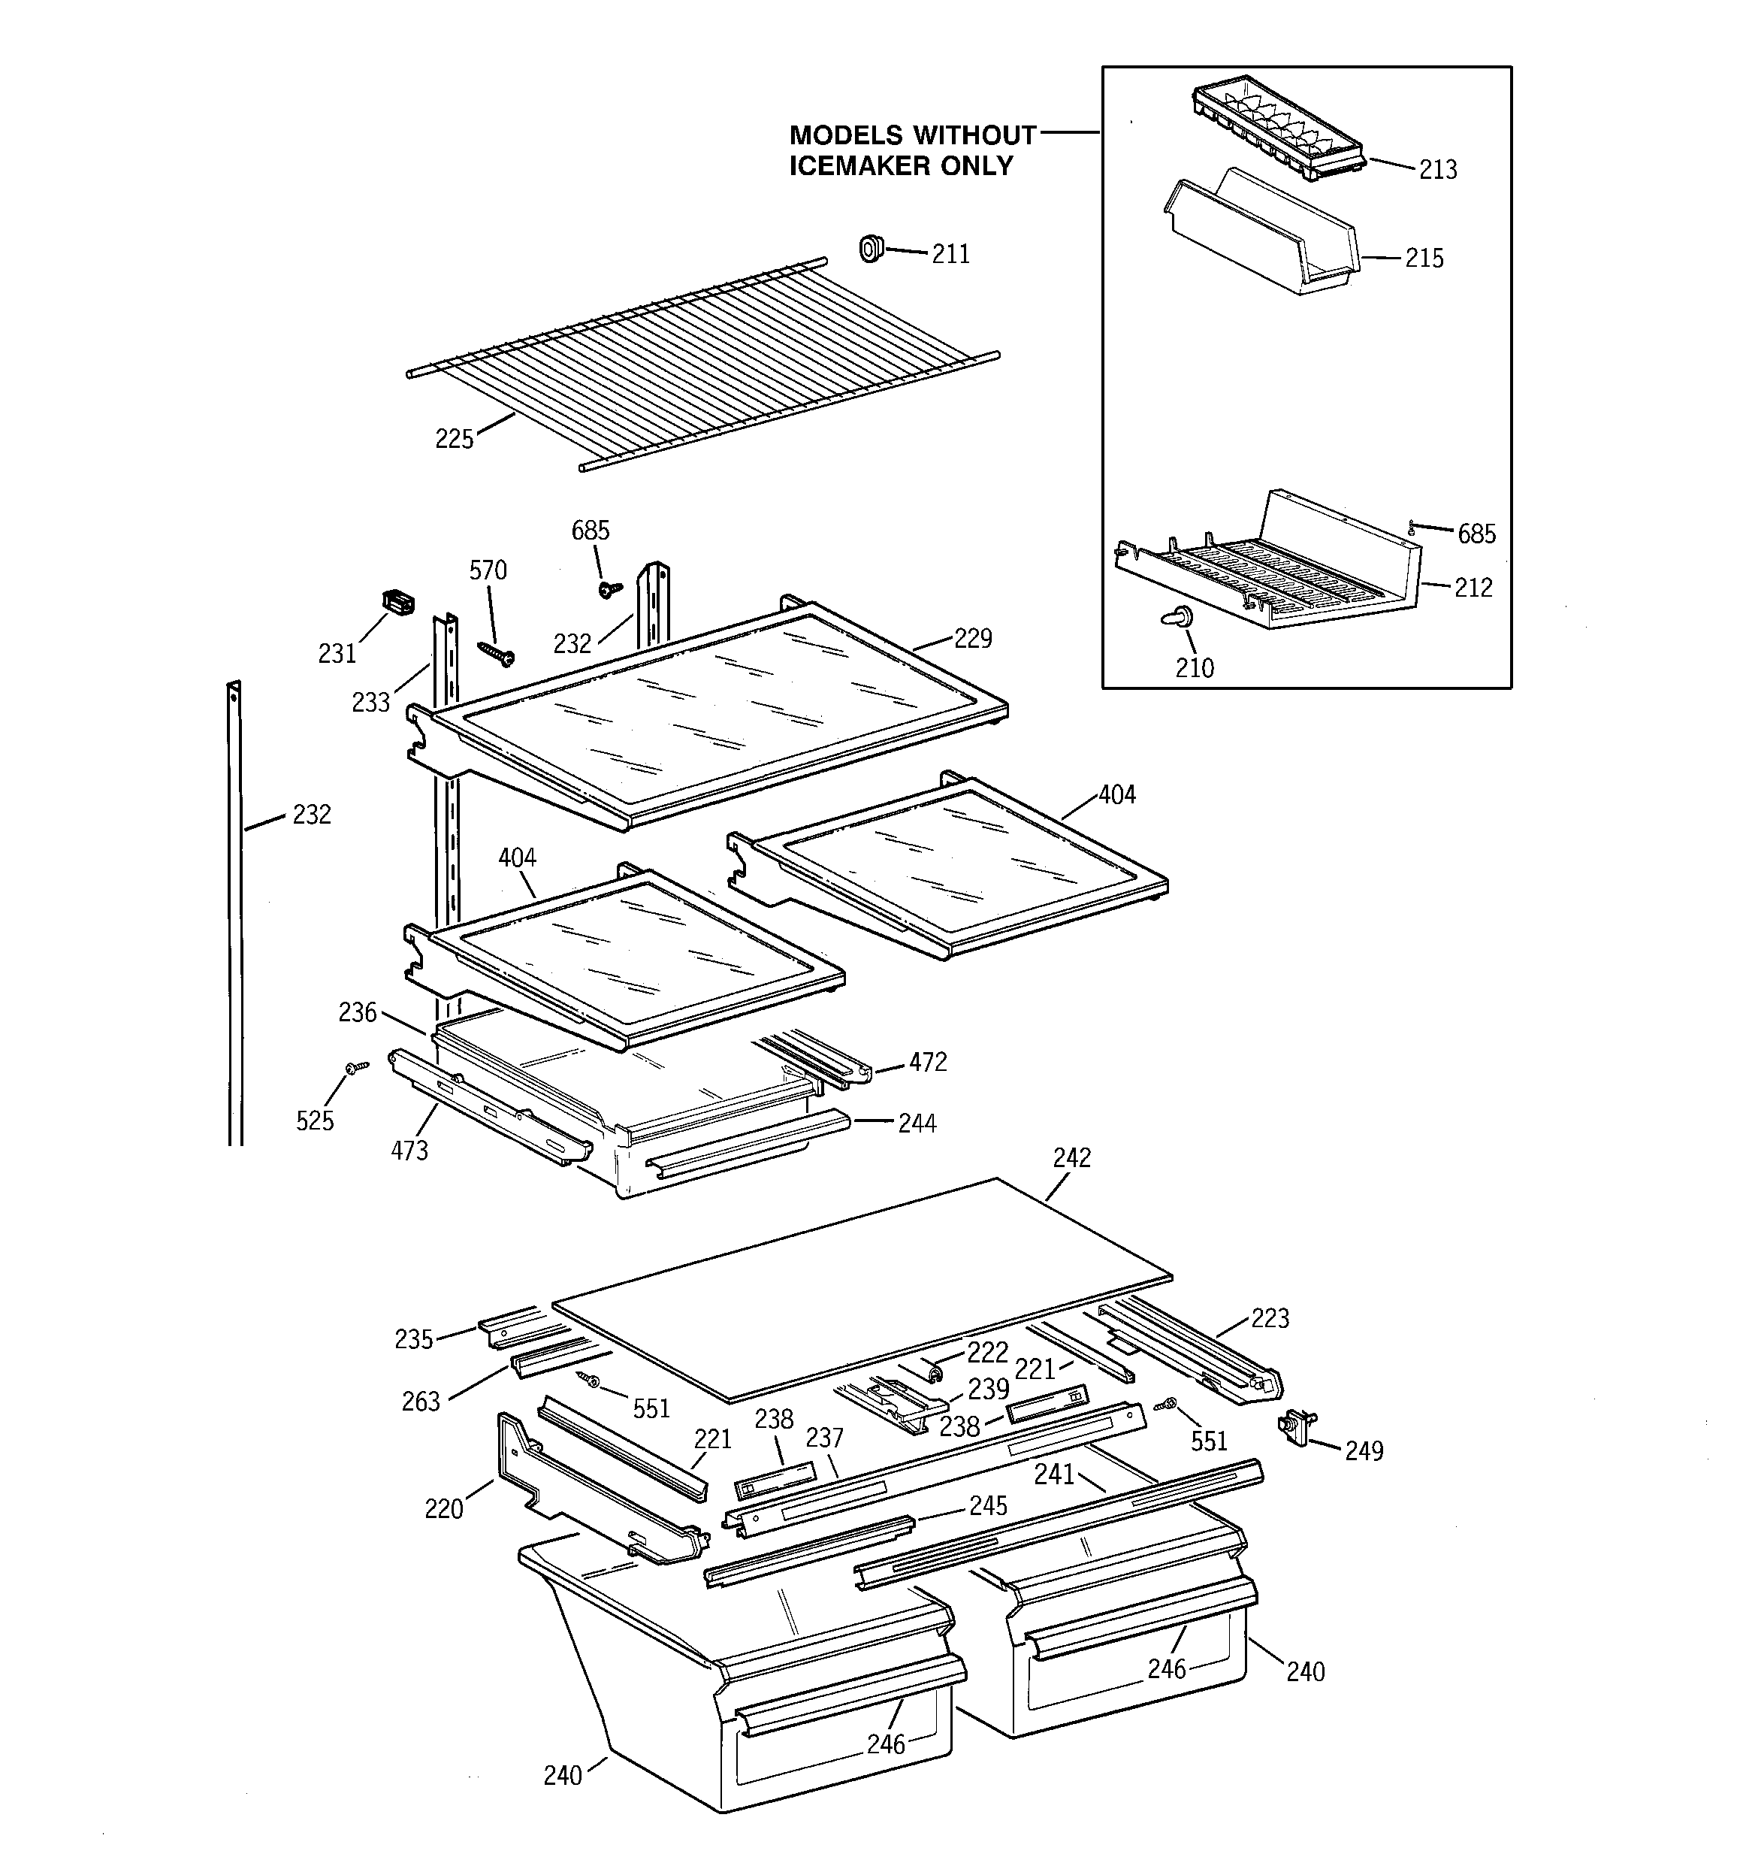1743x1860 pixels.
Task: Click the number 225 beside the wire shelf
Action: (x=455, y=439)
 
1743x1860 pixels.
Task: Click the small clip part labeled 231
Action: (x=397, y=603)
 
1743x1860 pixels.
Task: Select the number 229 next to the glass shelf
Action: (x=972, y=638)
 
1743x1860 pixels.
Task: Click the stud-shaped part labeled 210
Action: (x=1181, y=616)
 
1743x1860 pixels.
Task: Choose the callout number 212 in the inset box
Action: (x=1473, y=588)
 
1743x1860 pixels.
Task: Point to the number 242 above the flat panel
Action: (x=1071, y=1158)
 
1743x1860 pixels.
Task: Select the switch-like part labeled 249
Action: (x=1294, y=1428)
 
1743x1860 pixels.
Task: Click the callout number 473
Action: (x=409, y=1151)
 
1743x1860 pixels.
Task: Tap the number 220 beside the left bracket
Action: (x=443, y=1509)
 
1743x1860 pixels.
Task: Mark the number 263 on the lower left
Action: (x=420, y=1402)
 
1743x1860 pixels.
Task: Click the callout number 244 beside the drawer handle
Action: (x=917, y=1124)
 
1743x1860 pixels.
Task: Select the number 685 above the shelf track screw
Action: (x=591, y=531)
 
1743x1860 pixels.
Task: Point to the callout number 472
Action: (x=927, y=1062)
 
